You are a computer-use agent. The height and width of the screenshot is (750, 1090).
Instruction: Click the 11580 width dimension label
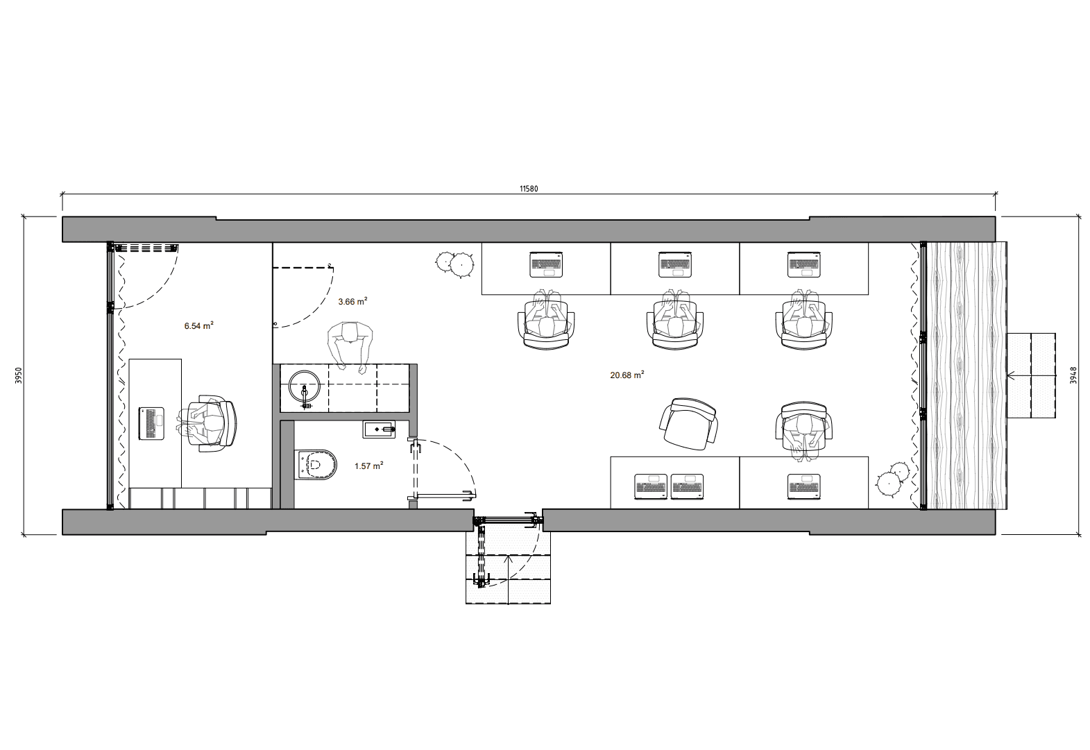click(529, 188)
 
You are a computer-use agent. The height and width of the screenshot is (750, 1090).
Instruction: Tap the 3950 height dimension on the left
click(19, 375)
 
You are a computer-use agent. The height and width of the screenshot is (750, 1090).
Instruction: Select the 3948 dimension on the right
click(1073, 375)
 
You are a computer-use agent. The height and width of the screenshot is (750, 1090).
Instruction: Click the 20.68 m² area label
click(627, 375)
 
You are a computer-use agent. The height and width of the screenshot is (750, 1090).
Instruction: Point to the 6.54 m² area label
click(198, 325)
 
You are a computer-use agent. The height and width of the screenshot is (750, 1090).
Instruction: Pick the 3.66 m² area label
click(352, 302)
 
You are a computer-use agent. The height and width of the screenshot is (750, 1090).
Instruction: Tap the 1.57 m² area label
click(368, 466)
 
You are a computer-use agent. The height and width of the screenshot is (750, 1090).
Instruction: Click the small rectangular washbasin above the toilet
click(378, 430)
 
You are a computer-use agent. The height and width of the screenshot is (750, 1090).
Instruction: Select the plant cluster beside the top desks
click(454, 263)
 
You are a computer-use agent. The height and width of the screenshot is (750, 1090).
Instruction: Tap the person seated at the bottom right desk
click(803, 427)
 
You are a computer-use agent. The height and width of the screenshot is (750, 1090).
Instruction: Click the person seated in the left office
click(208, 423)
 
